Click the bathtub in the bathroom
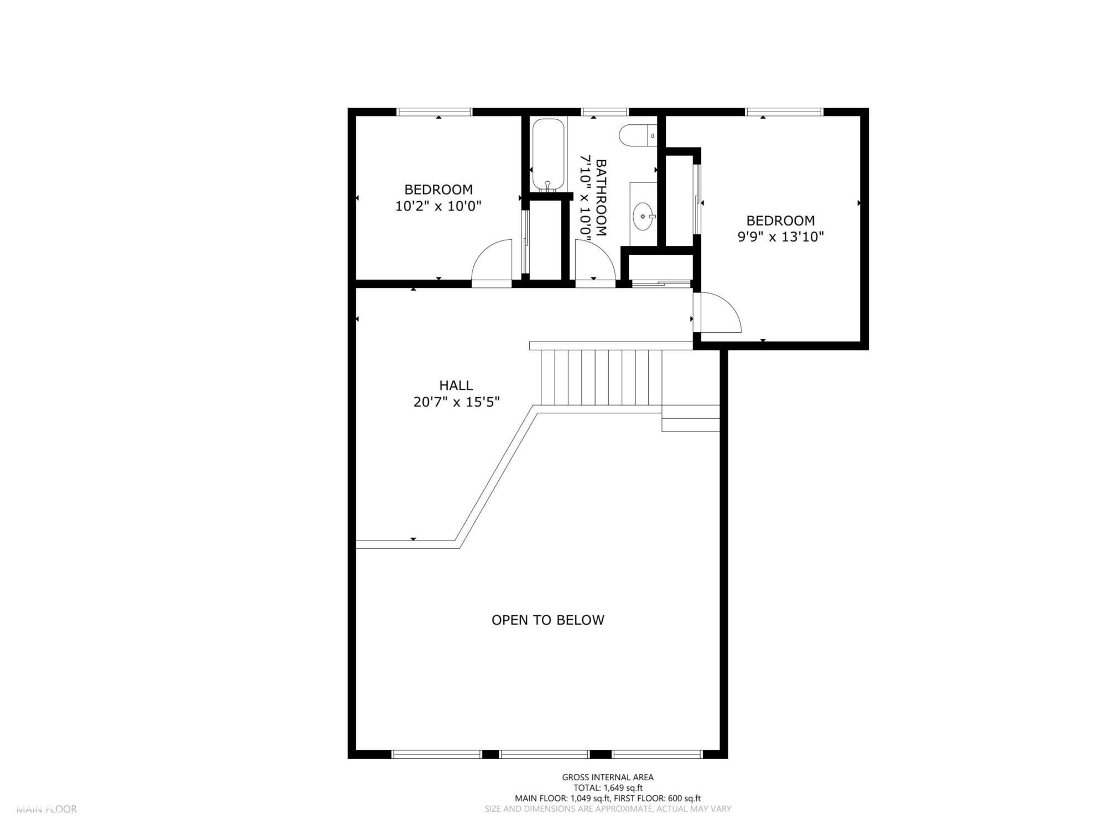click(548, 155)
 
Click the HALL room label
click(456, 385)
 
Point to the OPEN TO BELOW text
click(547, 620)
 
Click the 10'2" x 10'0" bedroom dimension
click(438, 206)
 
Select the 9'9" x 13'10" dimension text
click(780, 237)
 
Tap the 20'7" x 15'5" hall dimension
click(456, 402)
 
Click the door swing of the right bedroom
click(718, 314)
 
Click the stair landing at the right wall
click(691, 418)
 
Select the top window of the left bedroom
click(435, 112)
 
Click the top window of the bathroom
click(604, 112)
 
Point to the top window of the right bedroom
click(784, 112)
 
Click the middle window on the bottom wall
click(544, 754)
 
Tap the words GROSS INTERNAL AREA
click(608, 777)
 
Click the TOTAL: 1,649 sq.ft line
click(608, 788)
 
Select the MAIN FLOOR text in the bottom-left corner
click(46, 809)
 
